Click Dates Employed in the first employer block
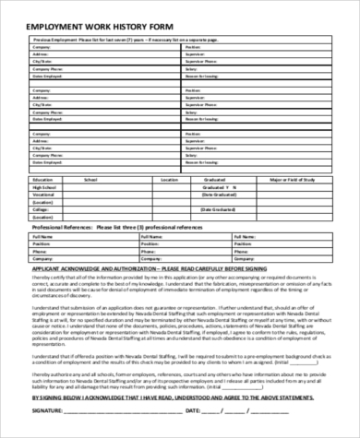coord(47,77)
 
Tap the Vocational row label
coord(42,195)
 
